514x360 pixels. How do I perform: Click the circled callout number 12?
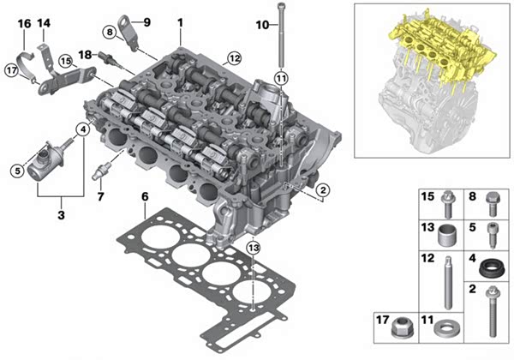tap(234, 58)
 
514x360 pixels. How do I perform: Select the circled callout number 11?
tap(281, 78)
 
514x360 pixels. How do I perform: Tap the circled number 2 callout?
tap(323, 189)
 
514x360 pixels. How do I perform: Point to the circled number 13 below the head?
tap(254, 248)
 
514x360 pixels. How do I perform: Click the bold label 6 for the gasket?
tap(145, 197)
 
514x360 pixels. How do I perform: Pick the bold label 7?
tap(100, 197)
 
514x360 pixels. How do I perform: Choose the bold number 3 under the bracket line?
tap(61, 215)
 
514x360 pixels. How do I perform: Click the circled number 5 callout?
tap(17, 171)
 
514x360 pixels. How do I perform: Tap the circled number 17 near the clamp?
tap(12, 70)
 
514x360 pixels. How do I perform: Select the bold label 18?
tap(85, 55)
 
